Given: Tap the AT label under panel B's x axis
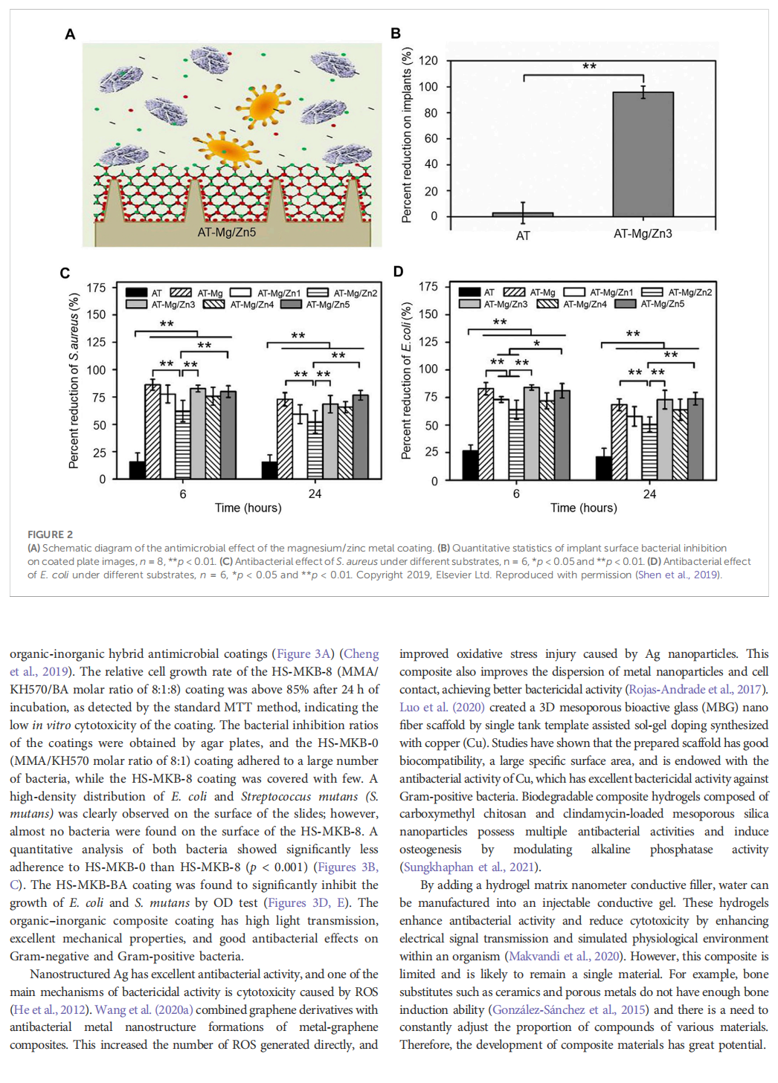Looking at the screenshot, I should (x=523, y=236).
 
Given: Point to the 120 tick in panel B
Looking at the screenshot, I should (x=428, y=61).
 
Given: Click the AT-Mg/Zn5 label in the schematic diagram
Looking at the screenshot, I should (x=226, y=232).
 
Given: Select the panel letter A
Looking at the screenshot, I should (x=70, y=34).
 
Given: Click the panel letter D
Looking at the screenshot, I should (x=398, y=271).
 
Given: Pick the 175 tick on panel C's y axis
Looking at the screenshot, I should (x=96, y=288).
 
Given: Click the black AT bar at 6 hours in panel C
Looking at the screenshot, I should (x=138, y=470).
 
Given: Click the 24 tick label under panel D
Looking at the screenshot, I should (x=649, y=494).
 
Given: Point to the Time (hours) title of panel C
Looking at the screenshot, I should (x=248, y=508).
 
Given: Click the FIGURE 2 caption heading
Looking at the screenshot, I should (x=50, y=534).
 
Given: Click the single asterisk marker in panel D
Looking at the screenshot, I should (x=536, y=343).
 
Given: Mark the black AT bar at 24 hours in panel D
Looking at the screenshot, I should (x=604, y=468).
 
